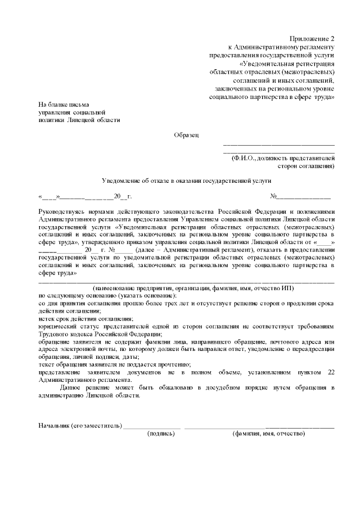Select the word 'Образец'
[186, 135]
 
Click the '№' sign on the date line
[274, 197]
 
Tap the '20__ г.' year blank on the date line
[122, 197]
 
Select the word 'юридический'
[56, 326]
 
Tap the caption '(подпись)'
[161, 434]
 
